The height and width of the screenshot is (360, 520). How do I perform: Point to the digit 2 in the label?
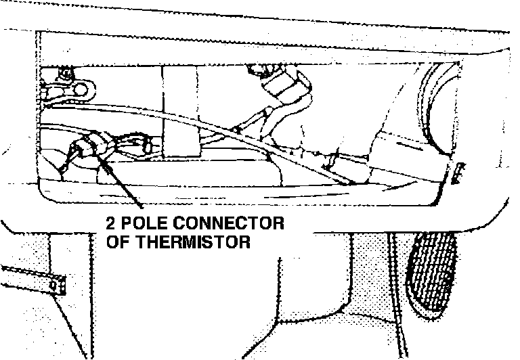pos(111,224)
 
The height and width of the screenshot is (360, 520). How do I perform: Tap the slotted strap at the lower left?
pos(34,279)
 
